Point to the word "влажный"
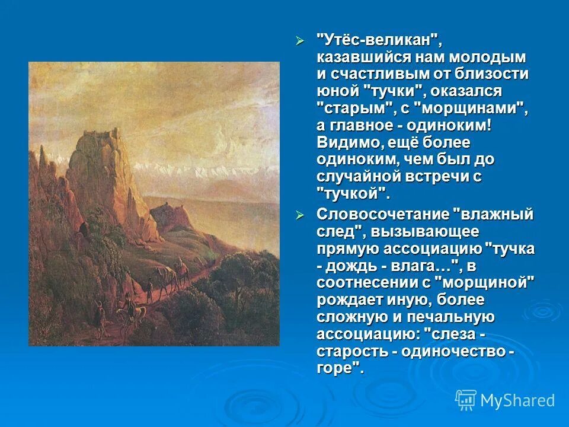[x=493, y=215]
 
